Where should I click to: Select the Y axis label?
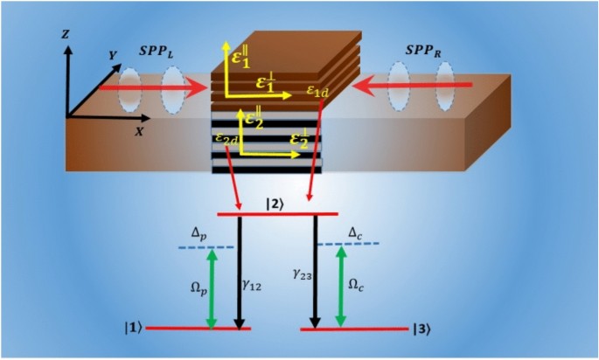[110, 55]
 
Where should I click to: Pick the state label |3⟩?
[421, 329]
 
